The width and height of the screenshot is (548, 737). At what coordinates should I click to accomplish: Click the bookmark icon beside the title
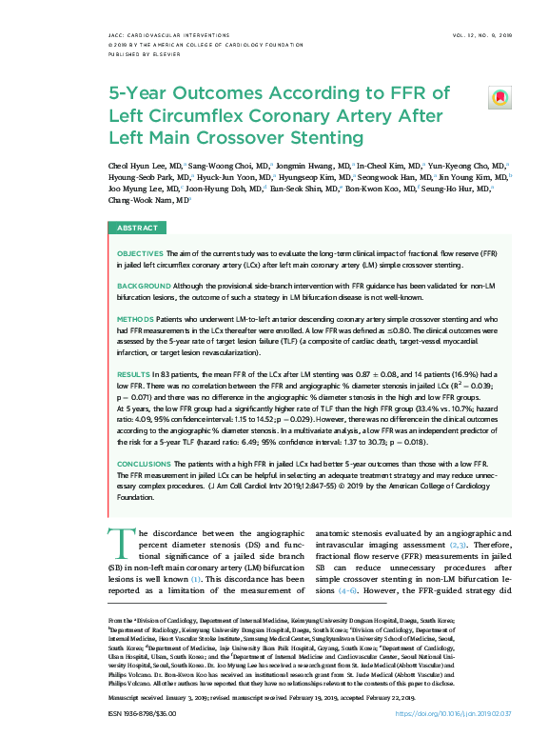click(x=499, y=98)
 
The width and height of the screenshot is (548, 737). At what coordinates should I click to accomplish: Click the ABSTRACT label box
click(x=137, y=229)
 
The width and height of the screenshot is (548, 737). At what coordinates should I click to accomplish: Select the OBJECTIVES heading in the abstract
click(x=140, y=254)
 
